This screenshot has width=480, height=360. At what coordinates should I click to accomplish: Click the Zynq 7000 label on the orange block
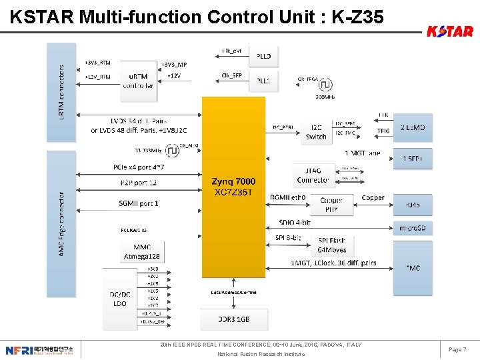[x=233, y=181]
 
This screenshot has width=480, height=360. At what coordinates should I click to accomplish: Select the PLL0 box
[x=264, y=57]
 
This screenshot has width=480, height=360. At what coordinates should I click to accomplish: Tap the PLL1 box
[x=264, y=81]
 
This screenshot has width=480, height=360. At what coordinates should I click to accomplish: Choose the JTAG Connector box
[x=313, y=175]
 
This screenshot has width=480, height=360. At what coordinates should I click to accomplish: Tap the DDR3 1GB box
[x=234, y=319]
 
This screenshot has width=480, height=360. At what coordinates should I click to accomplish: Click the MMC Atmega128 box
[x=141, y=251]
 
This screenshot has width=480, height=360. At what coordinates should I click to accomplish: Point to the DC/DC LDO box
[x=120, y=299]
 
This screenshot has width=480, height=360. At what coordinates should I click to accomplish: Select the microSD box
[x=413, y=229]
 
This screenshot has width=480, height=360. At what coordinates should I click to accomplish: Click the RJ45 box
[x=413, y=205]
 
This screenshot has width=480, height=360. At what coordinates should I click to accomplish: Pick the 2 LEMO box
[x=413, y=127]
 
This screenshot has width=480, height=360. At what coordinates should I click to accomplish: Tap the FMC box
[x=413, y=267]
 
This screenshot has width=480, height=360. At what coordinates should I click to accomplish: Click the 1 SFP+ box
[x=413, y=159]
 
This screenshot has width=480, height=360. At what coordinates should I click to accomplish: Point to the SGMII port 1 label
[x=139, y=203]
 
